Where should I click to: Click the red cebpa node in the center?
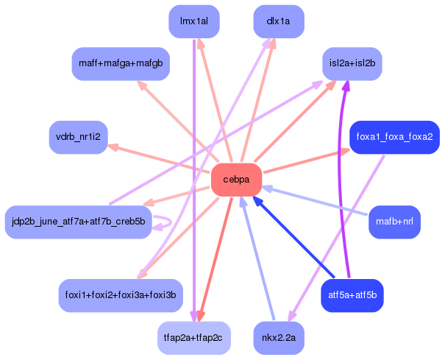pyautogui.click(x=237, y=180)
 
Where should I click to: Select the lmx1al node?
pyautogui.click(x=193, y=21)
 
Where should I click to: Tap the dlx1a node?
pyautogui.click(x=279, y=21)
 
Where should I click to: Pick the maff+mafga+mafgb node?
pyautogui.click(x=121, y=64)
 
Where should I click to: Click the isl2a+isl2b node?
pyautogui.click(x=352, y=64)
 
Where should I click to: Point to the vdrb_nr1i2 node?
pyautogui.click(x=78, y=137)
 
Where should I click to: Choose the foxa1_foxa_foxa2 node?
pyautogui.click(x=394, y=137)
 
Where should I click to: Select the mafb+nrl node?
pyautogui.click(x=394, y=221)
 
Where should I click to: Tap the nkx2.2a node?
pyautogui.click(x=279, y=338)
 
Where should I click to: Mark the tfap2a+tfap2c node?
pyautogui.click(x=193, y=338)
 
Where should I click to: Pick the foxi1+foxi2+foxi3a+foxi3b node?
pyautogui.click(x=121, y=295)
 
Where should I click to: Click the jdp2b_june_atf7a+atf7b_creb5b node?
pyautogui.click(x=78, y=221)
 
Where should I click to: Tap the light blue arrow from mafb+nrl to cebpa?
pyautogui.click(x=316, y=200)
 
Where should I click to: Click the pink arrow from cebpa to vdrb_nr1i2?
pyautogui.click(x=158, y=158)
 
